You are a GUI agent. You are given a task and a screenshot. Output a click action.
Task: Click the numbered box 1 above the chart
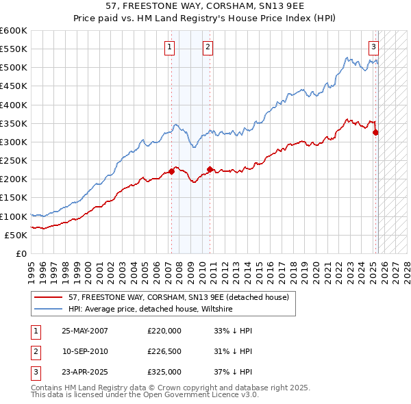169,47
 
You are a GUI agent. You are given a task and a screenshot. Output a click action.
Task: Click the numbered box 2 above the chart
207,47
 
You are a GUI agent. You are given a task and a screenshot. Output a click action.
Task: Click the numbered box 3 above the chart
374,47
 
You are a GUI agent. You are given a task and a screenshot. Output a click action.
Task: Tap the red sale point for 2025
375,133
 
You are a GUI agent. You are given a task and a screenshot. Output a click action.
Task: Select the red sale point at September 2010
210,169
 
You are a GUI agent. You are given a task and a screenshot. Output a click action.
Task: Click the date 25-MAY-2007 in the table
85,331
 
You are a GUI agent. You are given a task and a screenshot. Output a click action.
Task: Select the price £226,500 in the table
164,351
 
